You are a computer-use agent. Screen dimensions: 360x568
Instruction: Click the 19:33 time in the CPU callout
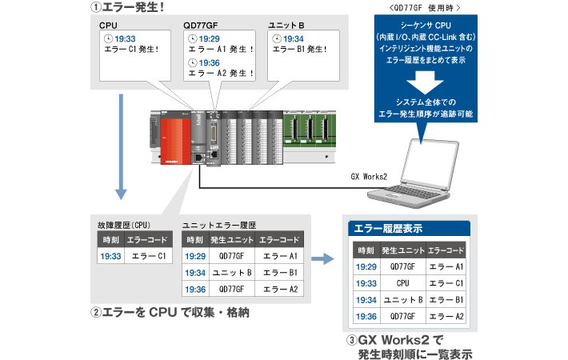click(x=125, y=38)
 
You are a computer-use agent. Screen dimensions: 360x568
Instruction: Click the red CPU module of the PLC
click(x=175, y=139)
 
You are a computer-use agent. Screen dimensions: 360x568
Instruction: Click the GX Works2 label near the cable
click(x=370, y=177)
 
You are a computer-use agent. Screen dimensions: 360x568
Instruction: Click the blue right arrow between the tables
click(x=322, y=258)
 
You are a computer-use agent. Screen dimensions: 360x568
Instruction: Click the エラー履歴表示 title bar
click(x=409, y=229)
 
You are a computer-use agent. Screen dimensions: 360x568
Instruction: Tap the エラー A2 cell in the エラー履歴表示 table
click(x=446, y=316)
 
